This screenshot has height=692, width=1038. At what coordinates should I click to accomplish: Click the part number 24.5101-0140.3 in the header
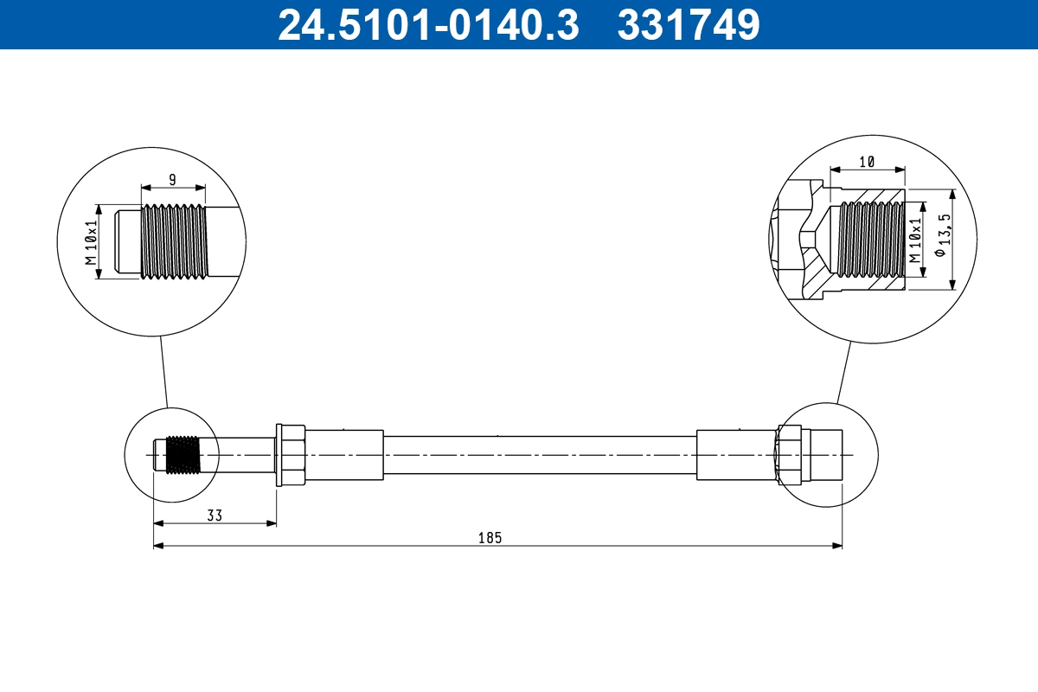click(427, 25)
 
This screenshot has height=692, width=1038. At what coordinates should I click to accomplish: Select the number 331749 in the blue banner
click(688, 25)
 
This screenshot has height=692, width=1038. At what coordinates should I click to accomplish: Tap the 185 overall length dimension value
click(490, 537)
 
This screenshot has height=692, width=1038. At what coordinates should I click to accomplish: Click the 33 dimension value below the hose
click(215, 516)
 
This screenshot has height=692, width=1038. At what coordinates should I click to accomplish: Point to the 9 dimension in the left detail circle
click(172, 179)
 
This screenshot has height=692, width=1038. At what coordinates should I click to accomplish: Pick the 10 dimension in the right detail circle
click(867, 162)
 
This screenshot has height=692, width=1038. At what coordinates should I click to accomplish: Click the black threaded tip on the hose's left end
click(182, 455)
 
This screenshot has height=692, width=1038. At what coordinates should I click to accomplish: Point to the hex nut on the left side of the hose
click(289, 455)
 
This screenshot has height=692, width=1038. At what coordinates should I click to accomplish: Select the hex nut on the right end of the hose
click(788, 455)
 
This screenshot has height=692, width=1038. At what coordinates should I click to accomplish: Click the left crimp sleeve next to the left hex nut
click(344, 455)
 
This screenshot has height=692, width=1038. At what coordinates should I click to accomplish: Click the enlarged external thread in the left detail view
click(174, 242)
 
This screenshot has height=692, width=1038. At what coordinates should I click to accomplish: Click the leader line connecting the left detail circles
click(163, 372)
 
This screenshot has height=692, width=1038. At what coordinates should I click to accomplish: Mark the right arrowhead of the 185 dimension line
click(837, 546)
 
